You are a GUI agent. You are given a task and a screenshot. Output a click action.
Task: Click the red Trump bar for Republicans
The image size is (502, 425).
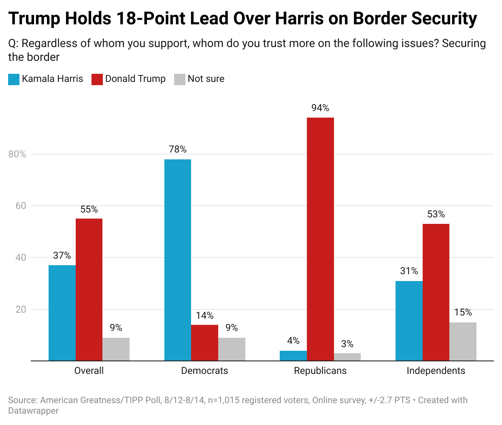(320, 239)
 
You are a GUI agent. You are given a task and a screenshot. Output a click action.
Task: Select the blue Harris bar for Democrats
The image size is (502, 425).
(178, 260)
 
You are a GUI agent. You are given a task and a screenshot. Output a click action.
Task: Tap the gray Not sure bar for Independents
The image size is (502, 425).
(463, 341)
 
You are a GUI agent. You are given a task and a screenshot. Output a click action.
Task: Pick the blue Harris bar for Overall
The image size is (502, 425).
(62, 313)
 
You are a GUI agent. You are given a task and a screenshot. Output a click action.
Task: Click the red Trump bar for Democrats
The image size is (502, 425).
(204, 343)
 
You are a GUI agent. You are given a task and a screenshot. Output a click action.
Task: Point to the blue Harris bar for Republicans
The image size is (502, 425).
(293, 356)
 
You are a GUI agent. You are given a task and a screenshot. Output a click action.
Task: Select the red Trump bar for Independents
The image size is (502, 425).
(436, 292)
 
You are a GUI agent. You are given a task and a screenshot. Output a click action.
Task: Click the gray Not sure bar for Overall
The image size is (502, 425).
(116, 349)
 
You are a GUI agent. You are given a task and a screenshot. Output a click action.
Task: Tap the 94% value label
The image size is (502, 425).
(320, 108)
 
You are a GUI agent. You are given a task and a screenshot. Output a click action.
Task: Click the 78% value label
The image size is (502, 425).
(178, 150)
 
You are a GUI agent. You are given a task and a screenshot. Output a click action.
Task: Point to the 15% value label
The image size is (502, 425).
(463, 312)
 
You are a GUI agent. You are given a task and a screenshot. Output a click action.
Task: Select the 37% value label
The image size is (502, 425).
(62, 255)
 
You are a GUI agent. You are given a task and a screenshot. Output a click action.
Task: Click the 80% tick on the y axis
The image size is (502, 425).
(17, 154)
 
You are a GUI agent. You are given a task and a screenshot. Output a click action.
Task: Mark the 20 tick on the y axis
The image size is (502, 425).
(21, 309)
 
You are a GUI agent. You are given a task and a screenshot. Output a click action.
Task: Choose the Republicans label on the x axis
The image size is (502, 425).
(320, 371)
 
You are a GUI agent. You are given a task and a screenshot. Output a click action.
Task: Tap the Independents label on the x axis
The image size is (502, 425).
(436, 371)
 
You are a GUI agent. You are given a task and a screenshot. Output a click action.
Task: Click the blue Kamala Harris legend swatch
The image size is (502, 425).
(14, 79)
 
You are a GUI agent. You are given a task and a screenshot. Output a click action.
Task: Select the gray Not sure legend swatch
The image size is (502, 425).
(180, 79)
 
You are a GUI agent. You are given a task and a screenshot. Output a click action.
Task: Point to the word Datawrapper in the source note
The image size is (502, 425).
(34, 411)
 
